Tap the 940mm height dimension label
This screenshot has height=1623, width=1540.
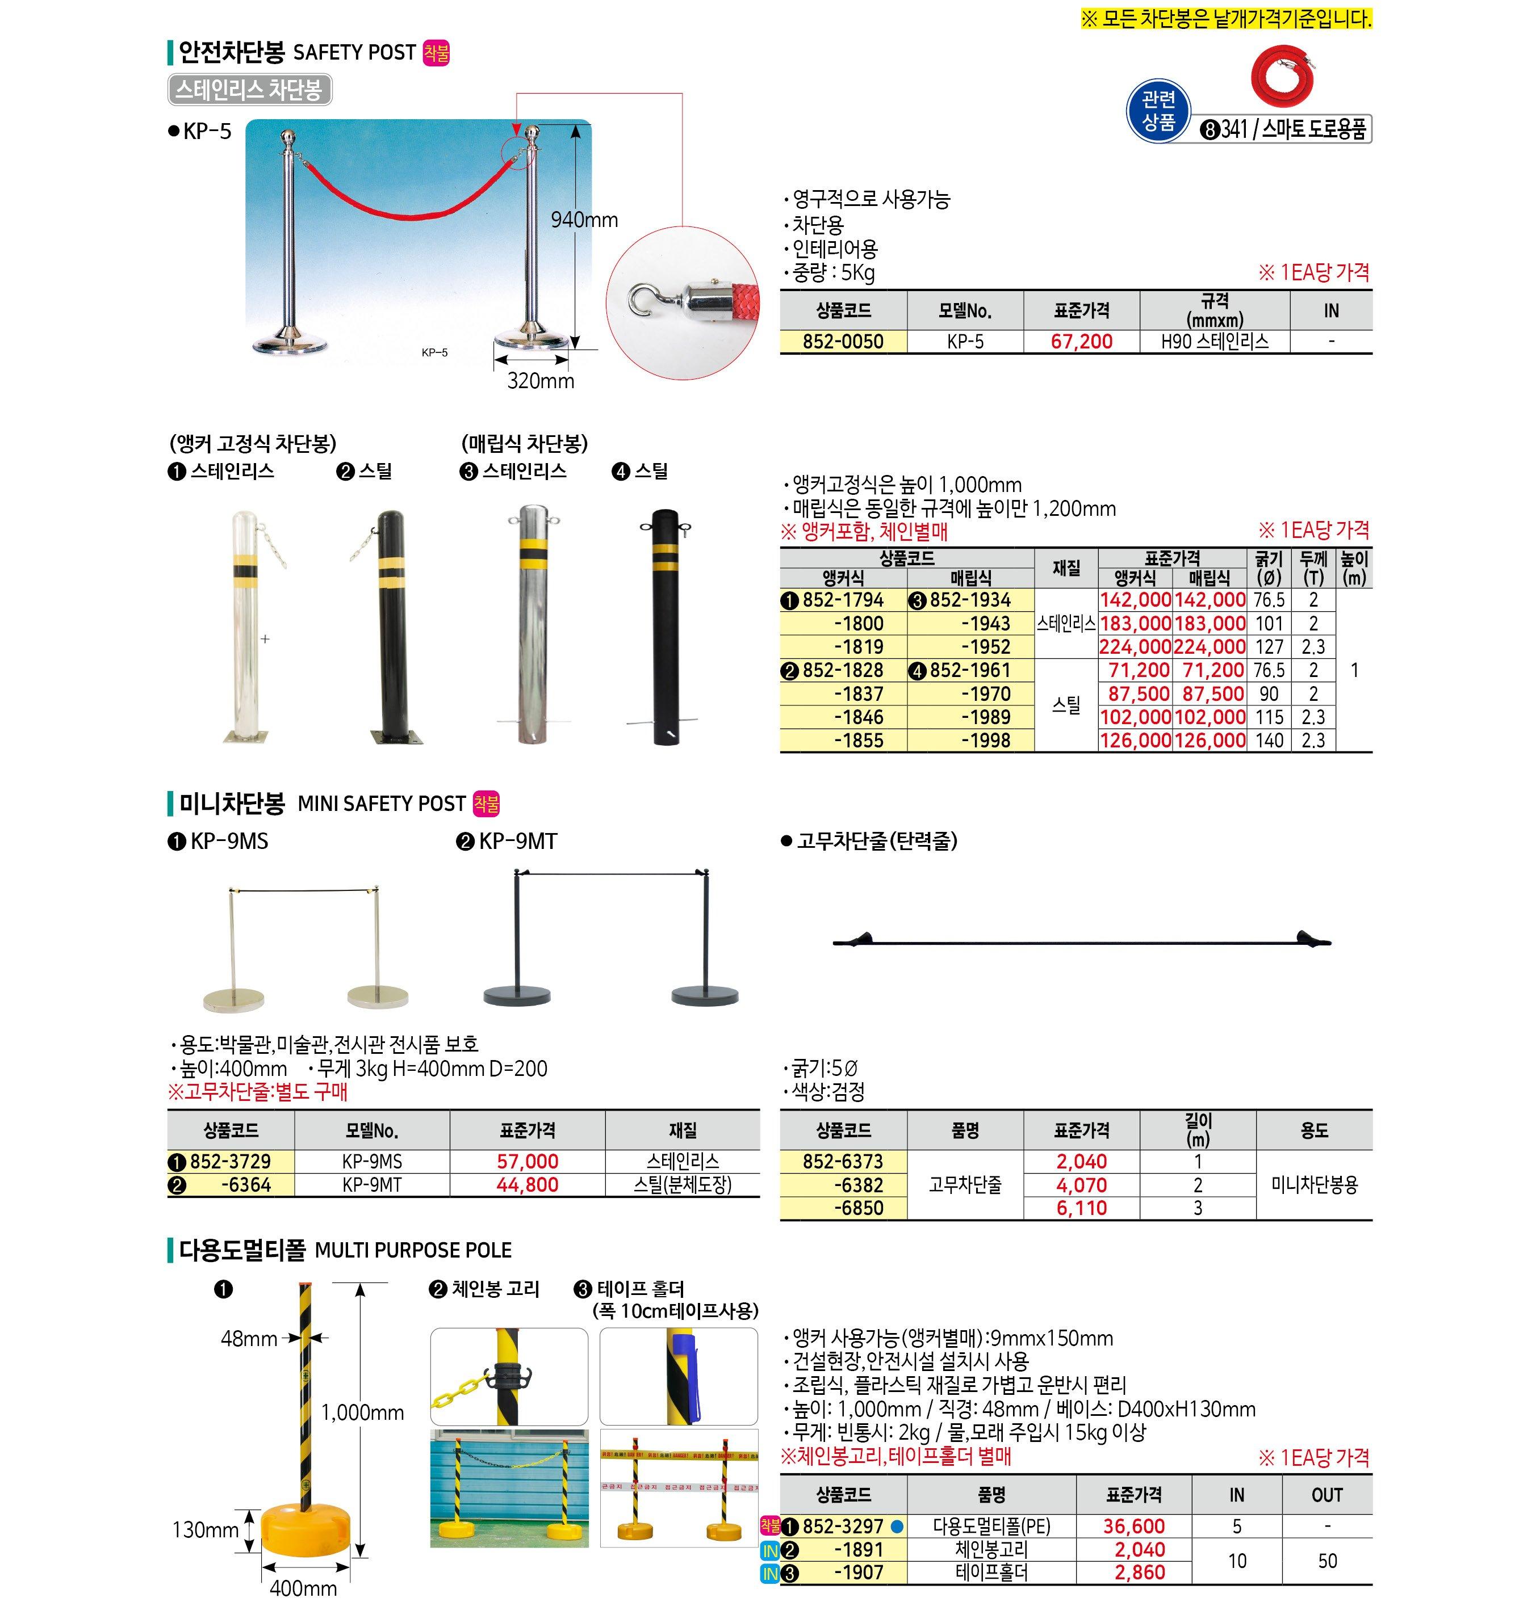[584, 220]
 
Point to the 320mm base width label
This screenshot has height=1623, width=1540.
[540, 381]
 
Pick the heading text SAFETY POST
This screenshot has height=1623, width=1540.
[354, 53]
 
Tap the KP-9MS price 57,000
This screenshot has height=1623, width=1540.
[527, 1162]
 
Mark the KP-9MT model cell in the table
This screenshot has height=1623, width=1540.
[372, 1185]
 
